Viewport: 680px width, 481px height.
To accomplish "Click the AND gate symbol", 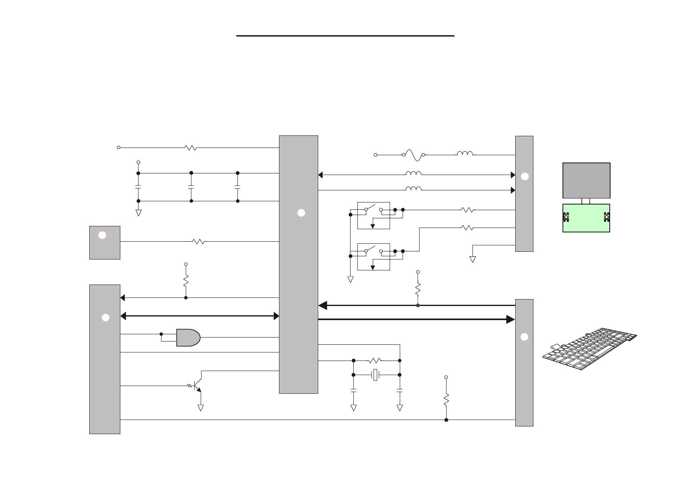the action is pyautogui.click(x=188, y=338).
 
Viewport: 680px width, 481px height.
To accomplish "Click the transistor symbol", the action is pyautogui.click(x=197, y=386).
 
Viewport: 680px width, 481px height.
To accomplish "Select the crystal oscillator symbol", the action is pyautogui.click(x=376, y=375).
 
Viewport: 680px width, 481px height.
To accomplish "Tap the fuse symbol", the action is pyautogui.click(x=413, y=154).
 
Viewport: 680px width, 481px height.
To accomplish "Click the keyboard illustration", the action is pyautogui.click(x=590, y=349).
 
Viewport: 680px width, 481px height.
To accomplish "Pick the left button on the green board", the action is pyautogui.click(x=566, y=217).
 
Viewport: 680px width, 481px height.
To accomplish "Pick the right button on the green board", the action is pyautogui.click(x=606, y=217).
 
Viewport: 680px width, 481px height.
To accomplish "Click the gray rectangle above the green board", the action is pyautogui.click(x=586, y=180).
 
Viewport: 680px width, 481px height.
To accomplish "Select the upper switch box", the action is pyautogui.click(x=374, y=215).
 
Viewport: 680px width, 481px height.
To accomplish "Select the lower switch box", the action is pyautogui.click(x=374, y=257).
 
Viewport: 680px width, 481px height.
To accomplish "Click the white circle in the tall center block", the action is pyautogui.click(x=301, y=213).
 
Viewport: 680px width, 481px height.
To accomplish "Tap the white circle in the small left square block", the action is pyautogui.click(x=103, y=235).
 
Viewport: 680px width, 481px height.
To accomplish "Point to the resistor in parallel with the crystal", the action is pyautogui.click(x=375, y=360).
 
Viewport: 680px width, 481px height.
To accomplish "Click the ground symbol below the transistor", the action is pyautogui.click(x=200, y=407).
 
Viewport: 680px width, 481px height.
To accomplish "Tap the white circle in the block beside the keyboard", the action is pyautogui.click(x=524, y=337).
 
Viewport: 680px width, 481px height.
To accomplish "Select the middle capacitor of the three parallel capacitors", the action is pyautogui.click(x=191, y=187).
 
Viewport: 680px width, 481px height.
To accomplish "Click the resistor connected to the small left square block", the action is pyautogui.click(x=198, y=241).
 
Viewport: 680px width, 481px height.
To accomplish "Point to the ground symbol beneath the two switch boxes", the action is pyautogui.click(x=350, y=279).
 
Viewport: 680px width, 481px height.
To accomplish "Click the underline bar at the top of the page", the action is pyautogui.click(x=345, y=36).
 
